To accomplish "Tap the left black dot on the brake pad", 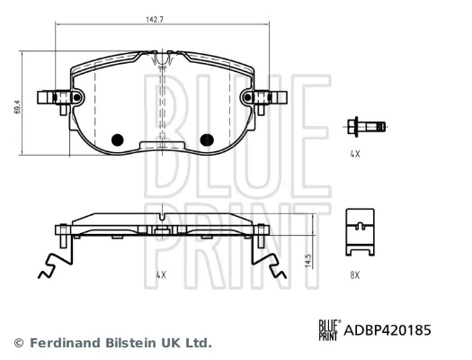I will coord(115,139).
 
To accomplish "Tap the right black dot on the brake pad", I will coord(206,139).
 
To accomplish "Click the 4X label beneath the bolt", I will coord(354,155).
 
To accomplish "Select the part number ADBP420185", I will coord(387,330).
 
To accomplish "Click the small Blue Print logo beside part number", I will coord(328,330).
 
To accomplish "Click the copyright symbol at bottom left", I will coord(19,343).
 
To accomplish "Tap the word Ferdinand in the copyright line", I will coord(63,343).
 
